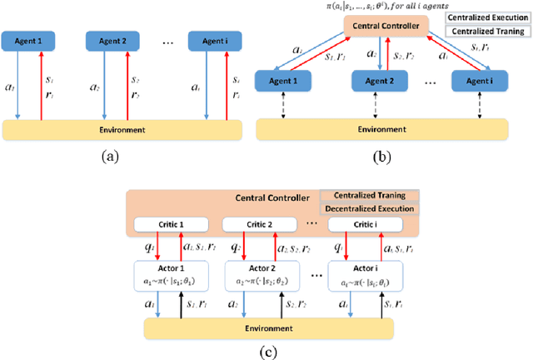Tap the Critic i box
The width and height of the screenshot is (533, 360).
pos(358,226)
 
